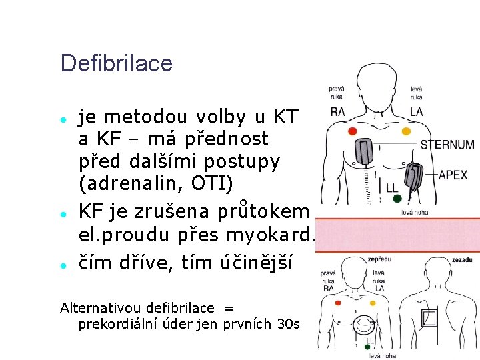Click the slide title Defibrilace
pyautogui.click(x=116, y=64)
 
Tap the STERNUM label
pyautogui.click(x=447, y=145)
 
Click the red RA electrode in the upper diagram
pyautogui.click(x=353, y=131)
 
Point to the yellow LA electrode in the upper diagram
pyautogui.click(x=406, y=131)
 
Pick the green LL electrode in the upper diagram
pyautogui.click(x=397, y=198)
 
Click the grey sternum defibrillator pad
pyautogui.click(x=365, y=151)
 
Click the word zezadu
pyautogui.click(x=462, y=259)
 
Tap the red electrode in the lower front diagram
pyautogui.click(x=339, y=303)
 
